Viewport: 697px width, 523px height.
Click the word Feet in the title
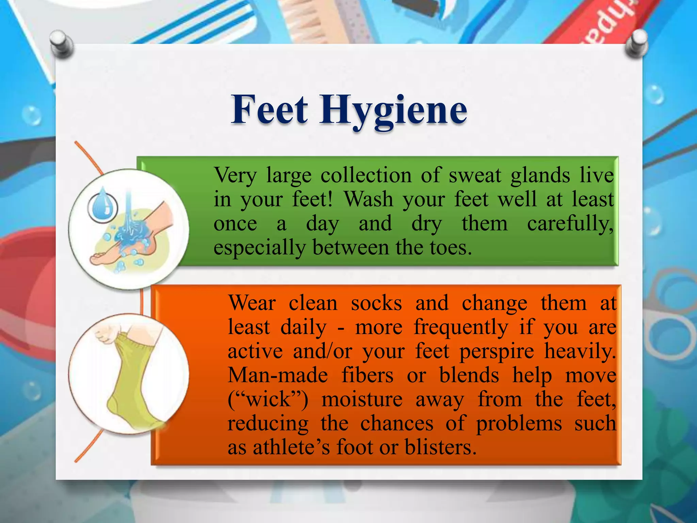[x=270, y=110]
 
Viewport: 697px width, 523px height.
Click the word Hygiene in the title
[x=393, y=111]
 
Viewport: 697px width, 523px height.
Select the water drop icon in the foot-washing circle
[x=102, y=207]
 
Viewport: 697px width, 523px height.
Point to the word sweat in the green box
[x=475, y=176]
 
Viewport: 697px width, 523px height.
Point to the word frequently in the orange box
[x=461, y=328]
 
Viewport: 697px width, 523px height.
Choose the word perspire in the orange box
[x=497, y=352]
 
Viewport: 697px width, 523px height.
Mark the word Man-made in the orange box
[x=278, y=376]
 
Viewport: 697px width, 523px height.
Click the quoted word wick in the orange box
[x=268, y=399]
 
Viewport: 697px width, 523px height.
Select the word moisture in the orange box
[x=362, y=399]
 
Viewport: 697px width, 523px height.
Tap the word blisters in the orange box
[x=440, y=447]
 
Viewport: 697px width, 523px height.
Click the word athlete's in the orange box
[x=291, y=447]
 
